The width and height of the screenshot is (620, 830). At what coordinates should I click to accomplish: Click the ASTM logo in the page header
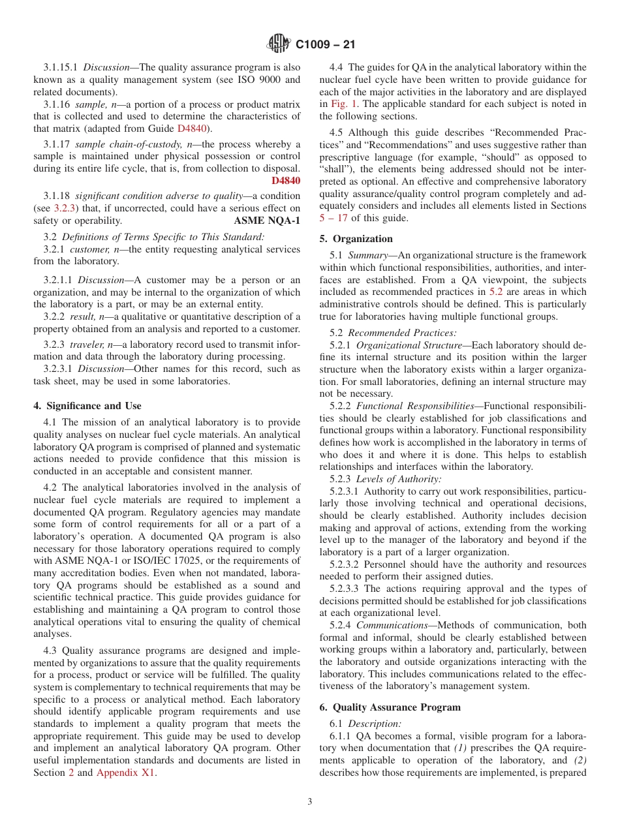(x=279, y=44)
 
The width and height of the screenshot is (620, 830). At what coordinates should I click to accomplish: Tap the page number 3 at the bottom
(x=310, y=802)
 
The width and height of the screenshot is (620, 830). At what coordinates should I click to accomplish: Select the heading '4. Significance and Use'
(x=87, y=406)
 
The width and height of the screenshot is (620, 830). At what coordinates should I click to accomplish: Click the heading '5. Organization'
(x=356, y=239)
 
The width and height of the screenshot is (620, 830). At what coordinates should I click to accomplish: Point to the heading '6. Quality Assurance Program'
(x=390, y=707)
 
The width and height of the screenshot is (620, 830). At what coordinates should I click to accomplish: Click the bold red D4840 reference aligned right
(x=286, y=180)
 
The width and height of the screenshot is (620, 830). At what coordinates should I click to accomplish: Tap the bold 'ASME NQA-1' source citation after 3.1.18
(x=267, y=221)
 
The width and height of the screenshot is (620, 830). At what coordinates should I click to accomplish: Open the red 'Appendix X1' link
(x=126, y=773)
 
